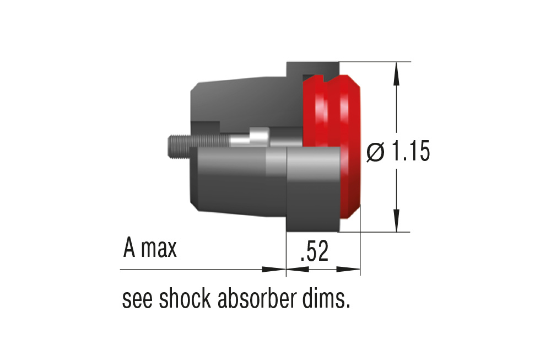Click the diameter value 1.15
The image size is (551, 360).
point(409,152)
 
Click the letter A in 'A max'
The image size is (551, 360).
point(129,249)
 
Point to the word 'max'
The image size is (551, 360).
point(159,250)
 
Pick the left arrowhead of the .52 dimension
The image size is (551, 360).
point(298,270)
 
